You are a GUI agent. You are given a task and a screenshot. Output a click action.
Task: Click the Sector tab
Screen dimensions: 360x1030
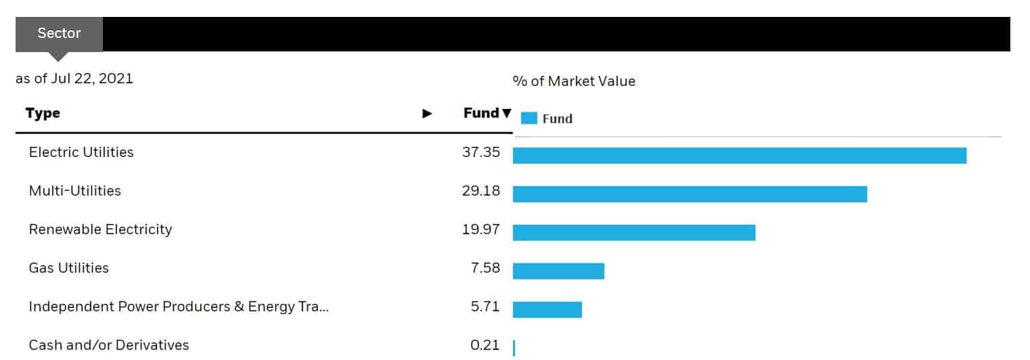tap(59, 33)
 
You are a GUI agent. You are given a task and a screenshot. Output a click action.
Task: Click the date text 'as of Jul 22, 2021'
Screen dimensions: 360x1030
tap(74, 78)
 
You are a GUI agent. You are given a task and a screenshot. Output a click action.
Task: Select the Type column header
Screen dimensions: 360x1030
tap(43, 113)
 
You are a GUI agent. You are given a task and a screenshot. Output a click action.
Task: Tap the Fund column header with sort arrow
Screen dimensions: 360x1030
tap(487, 113)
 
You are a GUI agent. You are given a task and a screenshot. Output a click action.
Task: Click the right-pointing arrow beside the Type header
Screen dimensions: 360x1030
tap(427, 114)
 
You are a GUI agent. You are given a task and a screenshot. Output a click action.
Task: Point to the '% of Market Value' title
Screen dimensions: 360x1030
tap(574, 81)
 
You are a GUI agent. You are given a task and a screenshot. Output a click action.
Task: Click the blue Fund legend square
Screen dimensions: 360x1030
tap(529, 118)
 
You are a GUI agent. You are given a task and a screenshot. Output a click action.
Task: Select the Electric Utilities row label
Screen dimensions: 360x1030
tap(81, 152)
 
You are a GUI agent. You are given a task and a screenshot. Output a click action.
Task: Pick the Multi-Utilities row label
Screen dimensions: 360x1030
tap(75, 191)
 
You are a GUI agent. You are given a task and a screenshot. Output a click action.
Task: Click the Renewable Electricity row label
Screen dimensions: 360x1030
tap(100, 229)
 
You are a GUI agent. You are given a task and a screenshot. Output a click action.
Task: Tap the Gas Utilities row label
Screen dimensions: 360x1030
tap(68, 268)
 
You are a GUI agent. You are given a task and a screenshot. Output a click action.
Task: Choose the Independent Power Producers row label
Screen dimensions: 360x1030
tap(179, 307)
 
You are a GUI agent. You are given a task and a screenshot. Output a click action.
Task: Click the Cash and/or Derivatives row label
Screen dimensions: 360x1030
tap(109, 345)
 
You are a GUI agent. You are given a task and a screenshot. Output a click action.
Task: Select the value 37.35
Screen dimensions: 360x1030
tap(480, 152)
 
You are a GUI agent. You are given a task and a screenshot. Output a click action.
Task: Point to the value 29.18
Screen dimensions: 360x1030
tap(480, 191)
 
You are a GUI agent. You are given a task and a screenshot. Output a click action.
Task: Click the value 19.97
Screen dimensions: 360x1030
tap(480, 229)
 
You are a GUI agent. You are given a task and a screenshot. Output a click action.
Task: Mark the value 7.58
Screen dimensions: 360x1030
tap(485, 268)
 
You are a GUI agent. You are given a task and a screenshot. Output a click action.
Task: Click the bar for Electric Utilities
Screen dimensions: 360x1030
tap(739, 155)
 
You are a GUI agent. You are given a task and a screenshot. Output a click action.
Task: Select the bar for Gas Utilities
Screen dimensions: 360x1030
tap(558, 271)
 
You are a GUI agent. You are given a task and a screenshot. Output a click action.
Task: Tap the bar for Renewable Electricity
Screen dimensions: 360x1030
tap(633, 232)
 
